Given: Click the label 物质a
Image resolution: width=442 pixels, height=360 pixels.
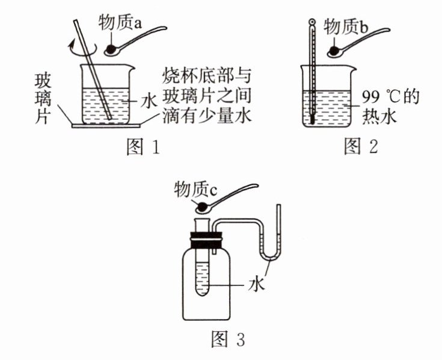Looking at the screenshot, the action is click(x=120, y=23).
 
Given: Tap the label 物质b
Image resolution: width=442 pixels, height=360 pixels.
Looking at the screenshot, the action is click(x=346, y=27).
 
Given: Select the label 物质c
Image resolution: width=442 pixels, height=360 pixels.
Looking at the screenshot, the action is click(x=195, y=189).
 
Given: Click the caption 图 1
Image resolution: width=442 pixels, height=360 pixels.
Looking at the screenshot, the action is click(x=143, y=147).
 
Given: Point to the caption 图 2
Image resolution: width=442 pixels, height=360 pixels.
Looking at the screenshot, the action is click(x=361, y=146).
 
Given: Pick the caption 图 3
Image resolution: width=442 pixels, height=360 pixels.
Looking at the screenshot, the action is click(x=228, y=338).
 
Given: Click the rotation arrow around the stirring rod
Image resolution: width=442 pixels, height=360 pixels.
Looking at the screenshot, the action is click(x=82, y=49).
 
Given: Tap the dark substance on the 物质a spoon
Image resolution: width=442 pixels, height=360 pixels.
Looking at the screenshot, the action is click(x=111, y=50).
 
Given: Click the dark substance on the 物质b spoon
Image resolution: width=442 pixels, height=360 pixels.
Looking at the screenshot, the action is click(x=334, y=51).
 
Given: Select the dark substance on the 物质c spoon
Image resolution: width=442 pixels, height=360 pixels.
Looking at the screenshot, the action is click(x=203, y=208).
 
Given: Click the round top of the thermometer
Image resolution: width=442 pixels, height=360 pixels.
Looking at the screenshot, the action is click(x=312, y=22).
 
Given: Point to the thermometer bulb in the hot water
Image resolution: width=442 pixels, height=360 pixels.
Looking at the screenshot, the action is click(x=312, y=119).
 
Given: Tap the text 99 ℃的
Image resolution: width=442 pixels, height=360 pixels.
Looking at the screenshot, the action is click(x=391, y=98).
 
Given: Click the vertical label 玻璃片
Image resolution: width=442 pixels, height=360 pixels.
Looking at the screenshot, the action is click(x=43, y=99).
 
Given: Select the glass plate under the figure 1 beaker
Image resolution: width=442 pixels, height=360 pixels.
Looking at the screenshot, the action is click(x=106, y=126).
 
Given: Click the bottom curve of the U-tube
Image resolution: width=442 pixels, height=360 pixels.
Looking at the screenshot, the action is click(x=271, y=256).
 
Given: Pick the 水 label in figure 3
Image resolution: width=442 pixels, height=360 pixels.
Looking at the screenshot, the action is click(x=256, y=284).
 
